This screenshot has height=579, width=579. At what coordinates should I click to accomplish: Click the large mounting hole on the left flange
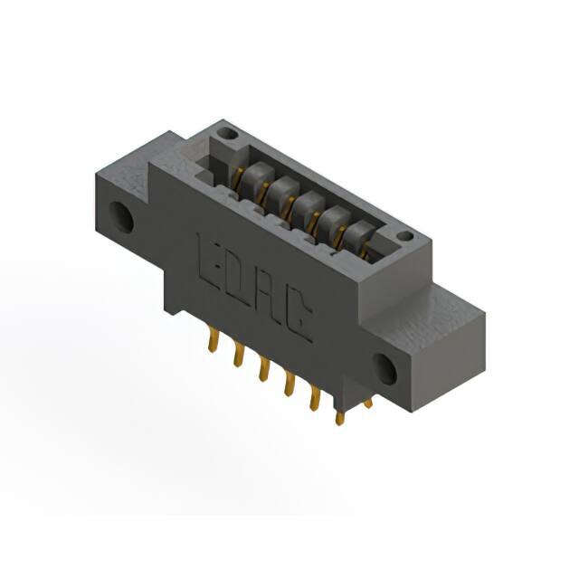[121, 216]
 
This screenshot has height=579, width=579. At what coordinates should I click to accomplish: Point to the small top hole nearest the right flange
[406, 235]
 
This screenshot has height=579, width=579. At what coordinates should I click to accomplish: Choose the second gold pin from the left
[239, 354]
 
